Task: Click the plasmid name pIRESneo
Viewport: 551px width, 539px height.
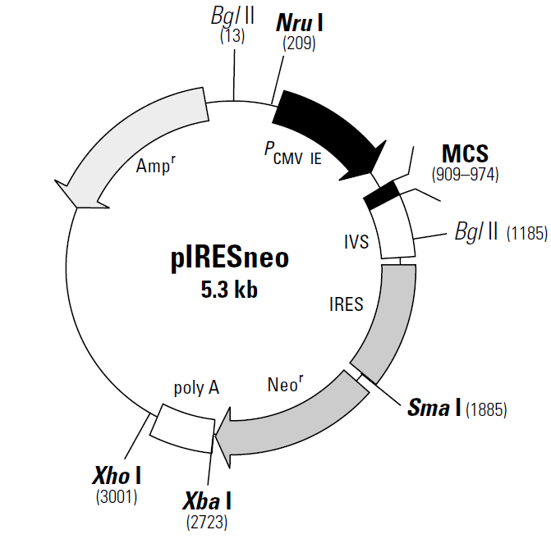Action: (230, 259)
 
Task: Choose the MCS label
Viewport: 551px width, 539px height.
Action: (465, 153)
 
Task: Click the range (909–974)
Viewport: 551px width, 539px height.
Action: (465, 174)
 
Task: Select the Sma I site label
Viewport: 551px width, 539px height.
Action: (434, 408)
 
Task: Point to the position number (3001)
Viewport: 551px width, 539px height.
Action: (116, 496)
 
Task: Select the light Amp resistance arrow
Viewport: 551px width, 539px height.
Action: (131, 139)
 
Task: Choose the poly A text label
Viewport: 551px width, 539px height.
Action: (196, 387)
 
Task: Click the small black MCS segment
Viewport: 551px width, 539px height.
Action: (382, 195)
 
